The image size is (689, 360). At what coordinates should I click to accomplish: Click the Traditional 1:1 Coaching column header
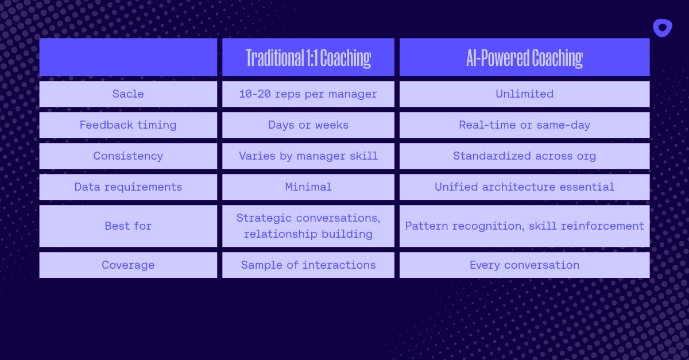[x=308, y=58]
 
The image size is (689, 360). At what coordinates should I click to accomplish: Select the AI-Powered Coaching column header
[x=524, y=58]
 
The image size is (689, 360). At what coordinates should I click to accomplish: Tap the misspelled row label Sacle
[x=128, y=94]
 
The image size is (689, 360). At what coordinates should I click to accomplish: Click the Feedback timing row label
[x=128, y=125]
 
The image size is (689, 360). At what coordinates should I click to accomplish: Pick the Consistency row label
[x=128, y=156]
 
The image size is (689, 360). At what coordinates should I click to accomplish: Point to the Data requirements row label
[x=128, y=187]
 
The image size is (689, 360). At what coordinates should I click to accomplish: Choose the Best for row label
[x=128, y=226]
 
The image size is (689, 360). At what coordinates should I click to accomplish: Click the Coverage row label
[x=128, y=265]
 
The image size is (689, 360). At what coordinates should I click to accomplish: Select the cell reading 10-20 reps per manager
[x=308, y=94]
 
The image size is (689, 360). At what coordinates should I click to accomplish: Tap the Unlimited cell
[x=524, y=94]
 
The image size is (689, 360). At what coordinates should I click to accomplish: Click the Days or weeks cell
[x=308, y=125]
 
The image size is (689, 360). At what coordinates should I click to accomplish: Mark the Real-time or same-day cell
[x=524, y=125]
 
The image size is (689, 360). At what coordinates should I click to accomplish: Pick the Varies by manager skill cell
[x=308, y=156]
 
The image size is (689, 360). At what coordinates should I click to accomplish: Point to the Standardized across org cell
[x=524, y=156]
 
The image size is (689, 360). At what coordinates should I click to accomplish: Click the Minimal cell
[x=308, y=187]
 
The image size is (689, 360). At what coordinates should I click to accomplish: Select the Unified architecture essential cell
[x=524, y=187]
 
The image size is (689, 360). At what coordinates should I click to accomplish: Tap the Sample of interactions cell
[x=308, y=265]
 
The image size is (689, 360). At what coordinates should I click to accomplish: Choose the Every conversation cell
[x=524, y=265]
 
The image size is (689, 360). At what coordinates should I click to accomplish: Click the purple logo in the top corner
[x=663, y=28]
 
